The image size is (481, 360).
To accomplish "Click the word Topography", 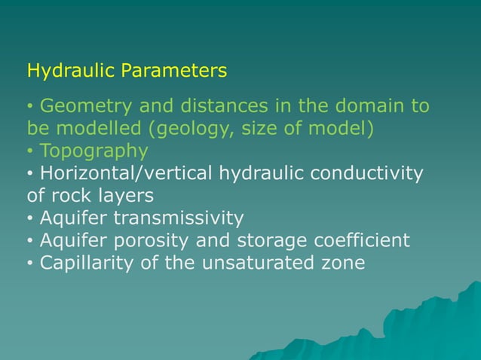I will tap(93, 151).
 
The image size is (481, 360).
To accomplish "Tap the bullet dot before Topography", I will tap(30, 151).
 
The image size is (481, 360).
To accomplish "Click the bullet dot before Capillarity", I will tap(30, 264).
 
